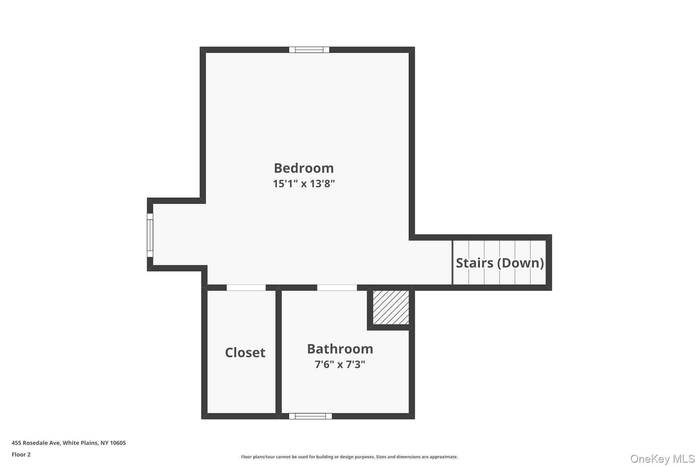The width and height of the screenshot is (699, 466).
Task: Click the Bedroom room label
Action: pyautogui.click(x=304, y=168)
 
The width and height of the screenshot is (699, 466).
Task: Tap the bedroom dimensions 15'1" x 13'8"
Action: pyautogui.click(x=304, y=183)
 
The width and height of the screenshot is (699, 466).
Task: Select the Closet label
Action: pyautogui.click(x=245, y=352)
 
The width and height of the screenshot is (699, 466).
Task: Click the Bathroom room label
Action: pyautogui.click(x=340, y=349)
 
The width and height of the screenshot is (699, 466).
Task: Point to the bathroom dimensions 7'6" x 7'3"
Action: pyautogui.click(x=340, y=364)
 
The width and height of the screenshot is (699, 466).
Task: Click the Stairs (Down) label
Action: pyautogui.click(x=499, y=263)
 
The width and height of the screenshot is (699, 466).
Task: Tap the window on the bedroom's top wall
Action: pyautogui.click(x=309, y=50)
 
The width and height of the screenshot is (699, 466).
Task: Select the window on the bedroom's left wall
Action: pyautogui.click(x=150, y=235)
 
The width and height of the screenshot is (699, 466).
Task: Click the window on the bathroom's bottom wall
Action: pyautogui.click(x=310, y=416)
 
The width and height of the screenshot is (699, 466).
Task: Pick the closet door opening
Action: pyautogui.click(x=246, y=288)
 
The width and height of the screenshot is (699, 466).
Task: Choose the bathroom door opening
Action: pyautogui.click(x=337, y=288)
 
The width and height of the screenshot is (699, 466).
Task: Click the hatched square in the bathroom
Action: pyautogui.click(x=391, y=307)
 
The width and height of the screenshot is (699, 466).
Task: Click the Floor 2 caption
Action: pyautogui.click(x=21, y=454)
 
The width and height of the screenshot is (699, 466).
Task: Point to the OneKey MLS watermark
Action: pyautogui.click(x=662, y=459)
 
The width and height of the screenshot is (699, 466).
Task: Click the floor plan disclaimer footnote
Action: pyautogui.click(x=349, y=457)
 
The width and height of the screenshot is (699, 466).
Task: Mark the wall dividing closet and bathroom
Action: pyautogui.click(x=279, y=351)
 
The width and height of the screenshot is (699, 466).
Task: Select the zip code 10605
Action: pyautogui.click(x=118, y=443)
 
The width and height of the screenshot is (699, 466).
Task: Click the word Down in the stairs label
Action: pyautogui.click(x=523, y=263)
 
